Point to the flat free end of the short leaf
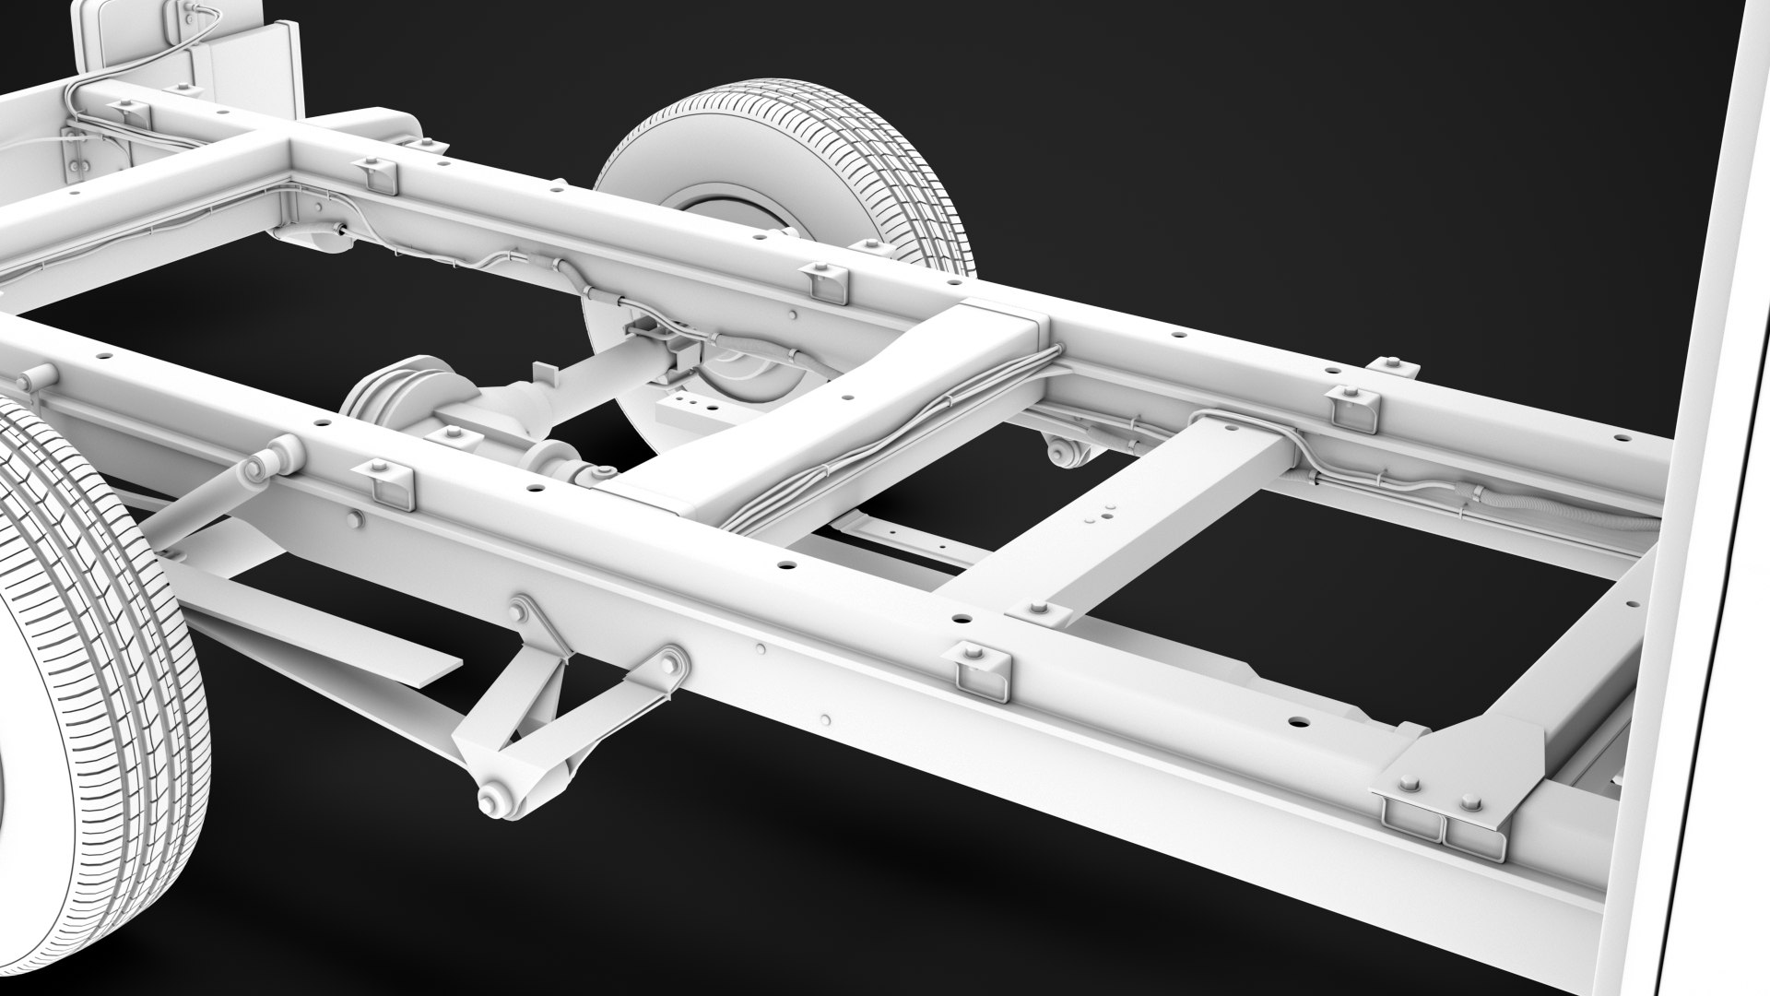pos(433,657)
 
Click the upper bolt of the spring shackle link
pos(521,611)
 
